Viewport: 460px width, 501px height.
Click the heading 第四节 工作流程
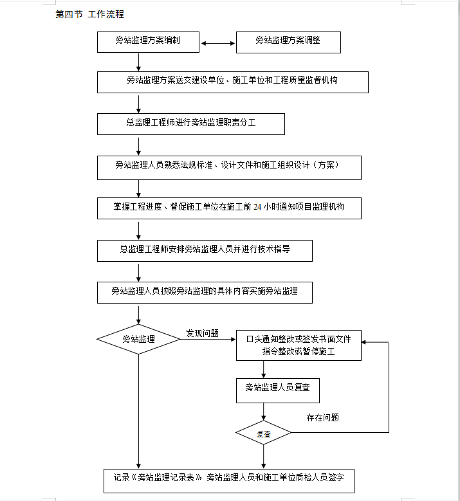[x=90, y=14]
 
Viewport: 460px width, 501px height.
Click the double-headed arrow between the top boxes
[x=217, y=43]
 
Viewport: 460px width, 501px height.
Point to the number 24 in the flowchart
[x=257, y=207]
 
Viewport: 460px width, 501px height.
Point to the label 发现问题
[x=203, y=333]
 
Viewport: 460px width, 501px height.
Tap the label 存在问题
[x=322, y=417]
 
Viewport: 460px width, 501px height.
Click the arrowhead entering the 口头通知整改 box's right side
[x=363, y=342]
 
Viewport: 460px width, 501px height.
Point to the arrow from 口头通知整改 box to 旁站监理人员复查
[x=263, y=370]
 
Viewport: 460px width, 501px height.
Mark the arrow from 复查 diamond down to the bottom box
[x=263, y=457]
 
